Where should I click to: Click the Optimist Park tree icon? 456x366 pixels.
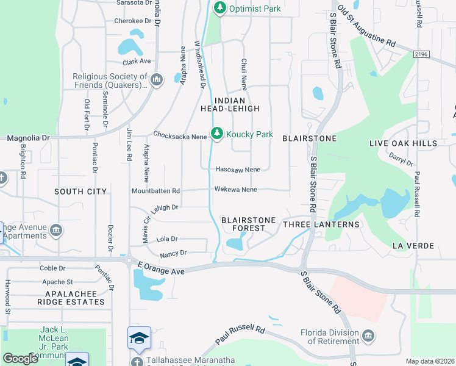pos(219,9)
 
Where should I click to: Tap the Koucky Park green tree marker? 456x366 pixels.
pos(216,134)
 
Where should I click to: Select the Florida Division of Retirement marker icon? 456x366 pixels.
pos(368,336)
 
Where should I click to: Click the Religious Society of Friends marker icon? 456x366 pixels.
pos(157,79)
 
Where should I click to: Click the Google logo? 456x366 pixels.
pos(20,359)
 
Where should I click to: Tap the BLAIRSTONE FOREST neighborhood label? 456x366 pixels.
pos(248,223)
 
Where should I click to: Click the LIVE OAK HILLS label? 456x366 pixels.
pos(403,143)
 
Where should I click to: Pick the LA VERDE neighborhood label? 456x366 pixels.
pos(413,246)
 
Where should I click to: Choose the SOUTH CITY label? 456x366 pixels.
pos(80,192)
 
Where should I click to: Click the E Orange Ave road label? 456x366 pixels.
pos(160,267)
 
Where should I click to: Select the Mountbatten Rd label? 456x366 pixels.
pos(155,191)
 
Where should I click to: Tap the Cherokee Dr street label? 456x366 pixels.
pos(132,21)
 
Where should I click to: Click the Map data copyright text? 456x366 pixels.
pos(429,361)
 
